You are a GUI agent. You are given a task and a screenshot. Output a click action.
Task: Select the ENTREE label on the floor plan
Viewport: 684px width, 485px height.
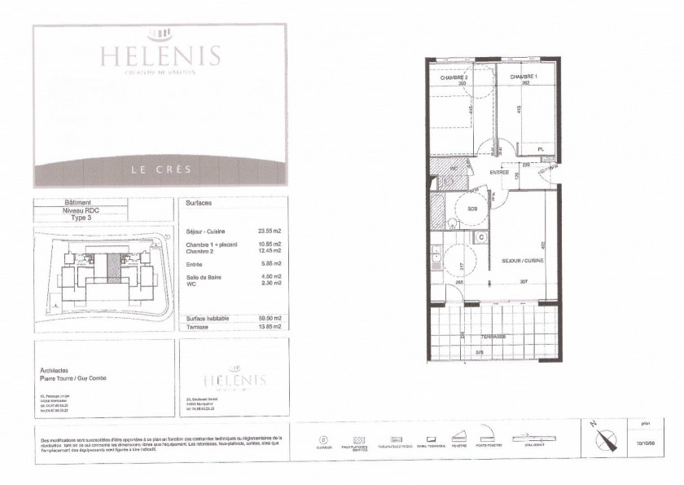click(x=499, y=173)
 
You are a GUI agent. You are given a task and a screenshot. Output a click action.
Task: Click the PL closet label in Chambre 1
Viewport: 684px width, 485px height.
click(x=539, y=149)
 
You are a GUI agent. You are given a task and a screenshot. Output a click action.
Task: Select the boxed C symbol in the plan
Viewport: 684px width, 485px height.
click(x=481, y=238)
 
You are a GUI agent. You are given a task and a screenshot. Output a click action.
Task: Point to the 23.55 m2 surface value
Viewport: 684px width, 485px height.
click(x=268, y=231)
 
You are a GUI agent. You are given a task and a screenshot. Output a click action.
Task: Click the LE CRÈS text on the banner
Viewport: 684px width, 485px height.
click(x=160, y=170)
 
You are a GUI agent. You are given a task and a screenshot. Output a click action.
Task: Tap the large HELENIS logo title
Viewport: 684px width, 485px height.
click(x=160, y=55)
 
